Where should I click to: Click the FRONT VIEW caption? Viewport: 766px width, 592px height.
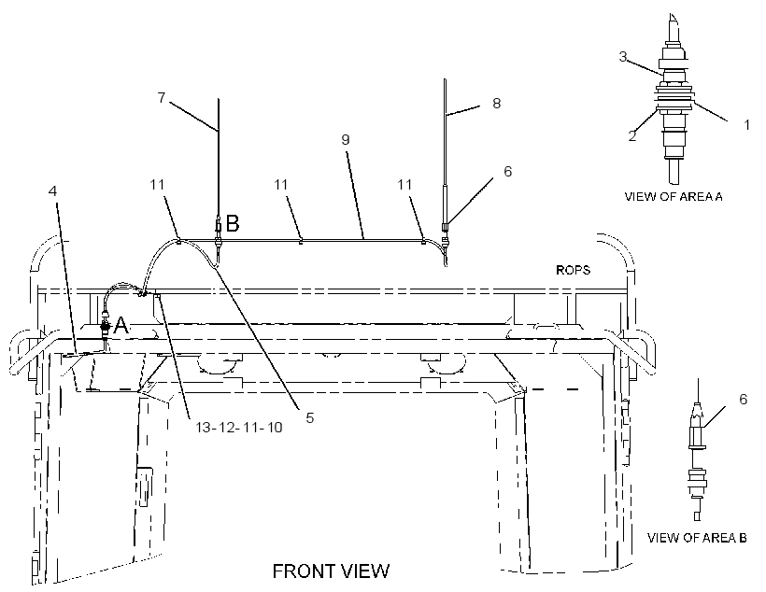pos(331,571)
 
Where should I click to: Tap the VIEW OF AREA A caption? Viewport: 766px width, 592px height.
pos(674,196)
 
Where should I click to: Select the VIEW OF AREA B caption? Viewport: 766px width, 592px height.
pos(697,538)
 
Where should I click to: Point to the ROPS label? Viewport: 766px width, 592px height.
pos(573,270)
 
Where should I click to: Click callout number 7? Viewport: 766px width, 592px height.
pos(162,98)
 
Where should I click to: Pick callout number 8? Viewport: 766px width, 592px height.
pos(496,103)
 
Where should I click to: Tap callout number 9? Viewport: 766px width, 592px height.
pos(346,140)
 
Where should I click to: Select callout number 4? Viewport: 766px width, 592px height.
pos(52,190)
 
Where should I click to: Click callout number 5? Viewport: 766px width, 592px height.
pos(310,417)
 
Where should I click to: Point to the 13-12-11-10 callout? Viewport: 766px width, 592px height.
pos(239,428)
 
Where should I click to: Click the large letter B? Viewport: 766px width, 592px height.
pos(233,224)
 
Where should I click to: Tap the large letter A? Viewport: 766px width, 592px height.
pos(121,325)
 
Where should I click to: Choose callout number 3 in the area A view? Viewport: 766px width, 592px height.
pos(622,57)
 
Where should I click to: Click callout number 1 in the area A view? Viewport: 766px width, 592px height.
pos(746,125)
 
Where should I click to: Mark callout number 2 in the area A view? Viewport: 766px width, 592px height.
pos(632,135)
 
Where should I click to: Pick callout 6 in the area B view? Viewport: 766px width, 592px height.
pos(743,399)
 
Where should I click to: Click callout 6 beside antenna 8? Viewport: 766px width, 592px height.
pos(507,172)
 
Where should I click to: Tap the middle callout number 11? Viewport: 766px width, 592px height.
pos(281,185)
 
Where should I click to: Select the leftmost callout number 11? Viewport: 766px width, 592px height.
pos(157,185)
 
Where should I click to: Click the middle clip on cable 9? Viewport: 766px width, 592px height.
pos(301,240)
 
